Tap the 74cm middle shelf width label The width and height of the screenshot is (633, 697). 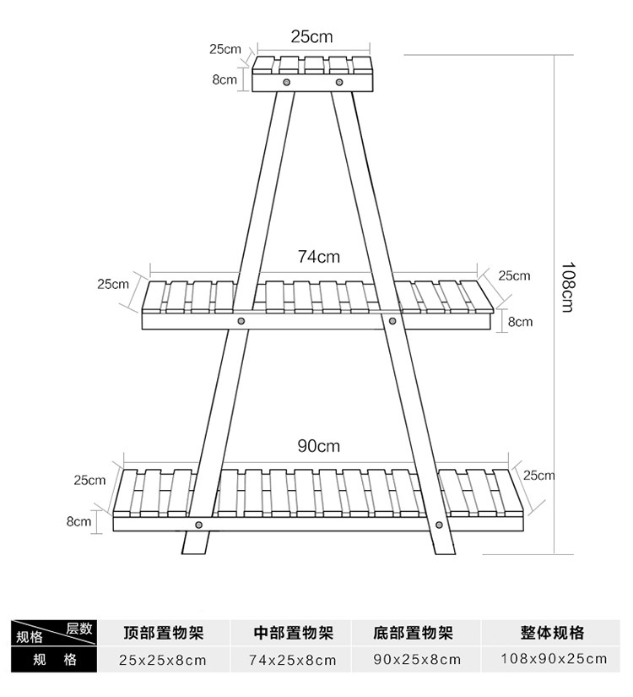pos(318,256)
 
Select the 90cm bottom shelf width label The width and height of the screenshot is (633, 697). pos(318,446)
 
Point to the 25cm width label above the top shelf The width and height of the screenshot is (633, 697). pos(312,36)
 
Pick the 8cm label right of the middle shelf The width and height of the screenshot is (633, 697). pos(520,321)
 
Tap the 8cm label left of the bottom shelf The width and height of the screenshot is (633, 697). pos(78,521)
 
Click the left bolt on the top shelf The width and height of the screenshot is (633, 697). pos(287,83)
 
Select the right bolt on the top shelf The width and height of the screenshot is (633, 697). pos(339,83)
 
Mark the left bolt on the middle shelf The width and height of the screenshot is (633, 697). pos(241,321)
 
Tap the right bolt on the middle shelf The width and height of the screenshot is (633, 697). pos(392,321)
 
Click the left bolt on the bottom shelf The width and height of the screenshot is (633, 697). pos(198,525)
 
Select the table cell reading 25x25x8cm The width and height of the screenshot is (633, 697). pos(162,660)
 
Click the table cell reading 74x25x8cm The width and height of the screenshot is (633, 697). pos(293,660)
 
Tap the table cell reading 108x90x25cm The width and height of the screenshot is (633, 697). pos(553,660)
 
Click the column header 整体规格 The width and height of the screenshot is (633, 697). pos(553,633)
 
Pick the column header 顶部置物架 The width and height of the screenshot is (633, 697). pos(163,633)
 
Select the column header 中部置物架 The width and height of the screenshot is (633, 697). pos(293,633)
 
